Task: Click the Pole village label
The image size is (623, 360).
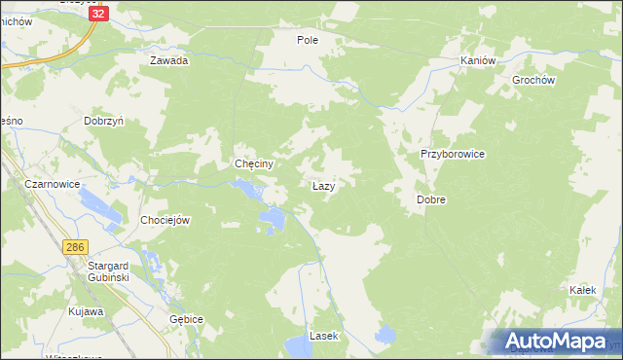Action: point(308,40)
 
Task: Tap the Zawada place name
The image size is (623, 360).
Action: point(168,60)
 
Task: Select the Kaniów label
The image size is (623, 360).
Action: point(478,60)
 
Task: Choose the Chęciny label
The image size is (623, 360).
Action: point(252,164)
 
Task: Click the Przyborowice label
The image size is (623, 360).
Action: point(452,154)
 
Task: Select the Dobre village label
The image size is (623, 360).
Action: point(431,198)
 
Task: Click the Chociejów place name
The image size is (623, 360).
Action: point(165,220)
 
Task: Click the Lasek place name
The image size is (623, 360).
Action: point(322,336)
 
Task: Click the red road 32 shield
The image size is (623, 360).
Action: point(95,15)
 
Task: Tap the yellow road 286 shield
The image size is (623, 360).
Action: point(76,248)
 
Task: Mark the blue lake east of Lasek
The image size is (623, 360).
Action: point(385,335)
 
